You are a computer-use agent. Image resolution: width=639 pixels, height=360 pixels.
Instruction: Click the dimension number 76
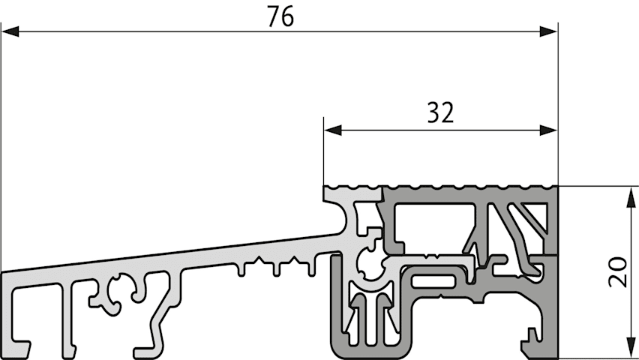280,17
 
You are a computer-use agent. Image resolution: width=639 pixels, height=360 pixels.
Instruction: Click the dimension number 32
440,112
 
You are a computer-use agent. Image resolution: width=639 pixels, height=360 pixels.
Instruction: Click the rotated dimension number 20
618,272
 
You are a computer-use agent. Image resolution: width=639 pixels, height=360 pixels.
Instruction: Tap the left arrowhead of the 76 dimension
10,31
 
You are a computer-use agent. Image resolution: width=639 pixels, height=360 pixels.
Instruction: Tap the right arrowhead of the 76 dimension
548,31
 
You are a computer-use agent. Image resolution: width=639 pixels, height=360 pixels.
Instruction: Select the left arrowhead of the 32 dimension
333,130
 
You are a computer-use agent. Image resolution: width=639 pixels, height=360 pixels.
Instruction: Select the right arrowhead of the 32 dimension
548,130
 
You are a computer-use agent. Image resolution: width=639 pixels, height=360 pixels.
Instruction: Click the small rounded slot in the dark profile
433,281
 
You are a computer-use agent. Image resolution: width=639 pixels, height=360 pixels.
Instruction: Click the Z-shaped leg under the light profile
157,314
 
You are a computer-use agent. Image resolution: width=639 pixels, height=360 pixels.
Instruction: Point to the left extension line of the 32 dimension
323,151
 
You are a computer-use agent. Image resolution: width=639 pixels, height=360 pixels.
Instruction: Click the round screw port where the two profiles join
370,264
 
